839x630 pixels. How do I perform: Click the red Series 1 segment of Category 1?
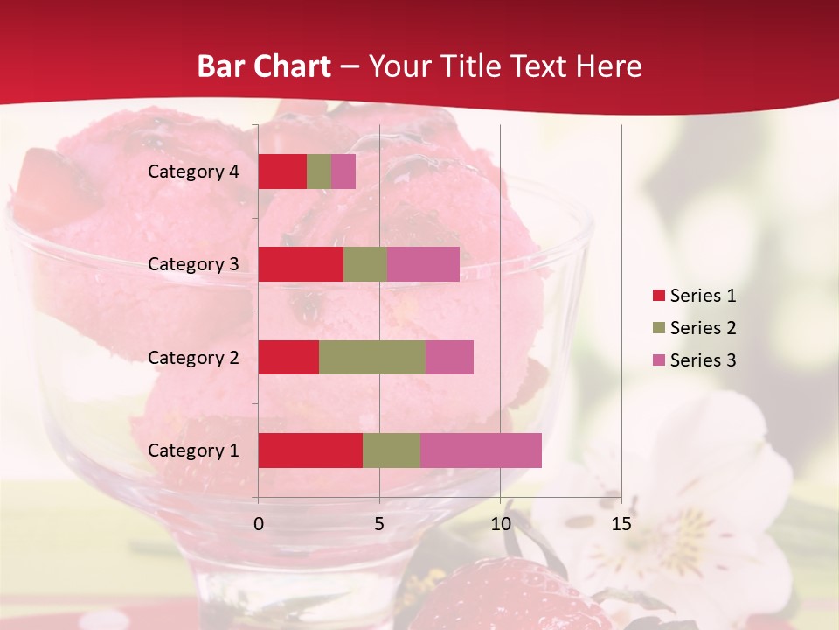(x=310, y=451)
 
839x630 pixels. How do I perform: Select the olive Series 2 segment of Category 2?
(x=372, y=357)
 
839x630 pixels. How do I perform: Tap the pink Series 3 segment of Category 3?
(x=423, y=264)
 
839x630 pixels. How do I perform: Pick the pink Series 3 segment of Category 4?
(x=343, y=171)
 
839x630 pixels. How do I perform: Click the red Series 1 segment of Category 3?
(x=301, y=264)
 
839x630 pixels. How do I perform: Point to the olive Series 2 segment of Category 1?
(x=392, y=451)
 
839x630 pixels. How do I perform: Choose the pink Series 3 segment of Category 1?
(x=481, y=451)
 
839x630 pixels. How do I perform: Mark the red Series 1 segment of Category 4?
(x=282, y=171)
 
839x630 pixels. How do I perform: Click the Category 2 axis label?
(x=193, y=357)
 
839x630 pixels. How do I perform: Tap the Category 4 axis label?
(x=193, y=171)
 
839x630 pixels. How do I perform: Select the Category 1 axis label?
(x=193, y=451)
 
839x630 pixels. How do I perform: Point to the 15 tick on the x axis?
(x=621, y=524)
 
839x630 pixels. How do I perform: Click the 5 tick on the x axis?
(x=379, y=524)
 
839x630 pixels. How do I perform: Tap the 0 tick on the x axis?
(x=259, y=524)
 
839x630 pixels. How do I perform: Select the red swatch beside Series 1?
(x=658, y=296)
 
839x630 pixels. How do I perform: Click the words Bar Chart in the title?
(x=264, y=66)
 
